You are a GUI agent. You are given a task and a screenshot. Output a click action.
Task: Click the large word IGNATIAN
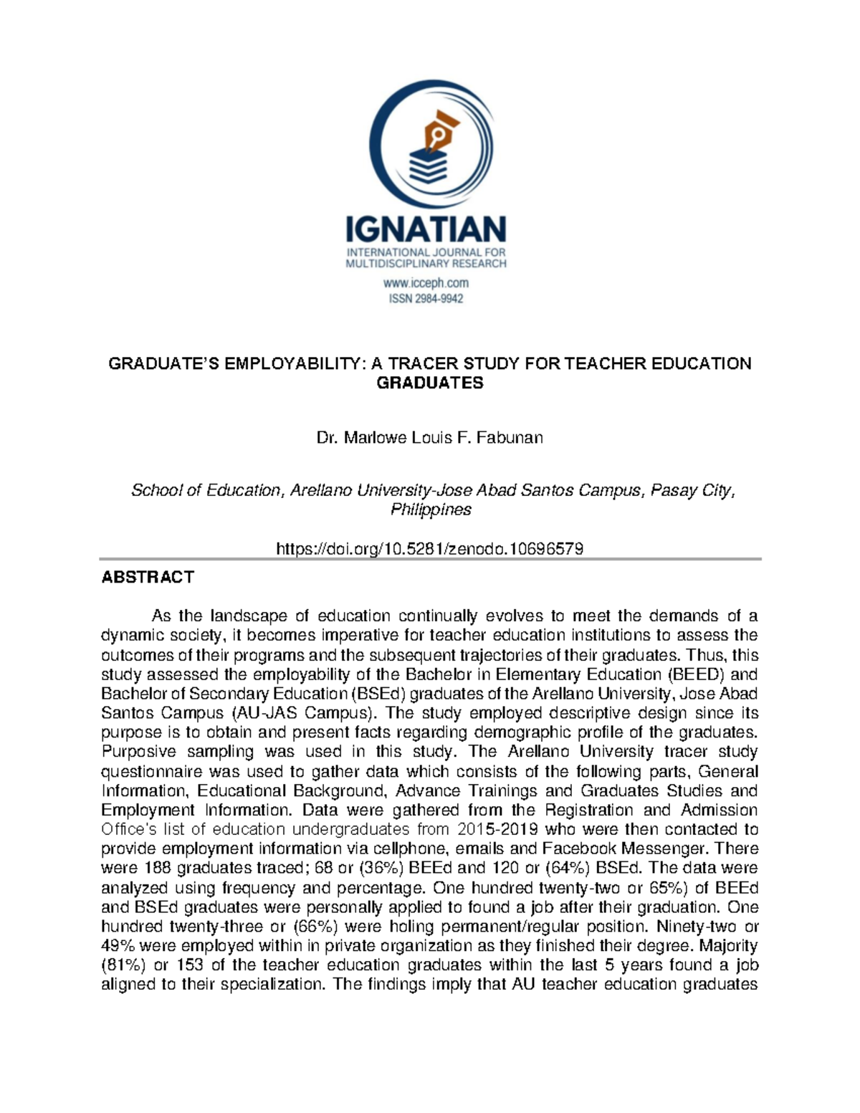[426, 230]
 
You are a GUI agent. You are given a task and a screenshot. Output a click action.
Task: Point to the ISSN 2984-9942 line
[426, 299]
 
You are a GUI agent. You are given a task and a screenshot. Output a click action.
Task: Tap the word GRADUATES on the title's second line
[430, 383]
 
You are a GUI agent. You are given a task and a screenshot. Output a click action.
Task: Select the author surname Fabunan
[510, 437]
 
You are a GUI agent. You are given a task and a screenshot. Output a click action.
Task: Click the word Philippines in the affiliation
[430, 510]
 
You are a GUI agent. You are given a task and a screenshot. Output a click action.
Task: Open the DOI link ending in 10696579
[430, 549]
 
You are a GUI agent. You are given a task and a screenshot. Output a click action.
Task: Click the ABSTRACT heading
[148, 577]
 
